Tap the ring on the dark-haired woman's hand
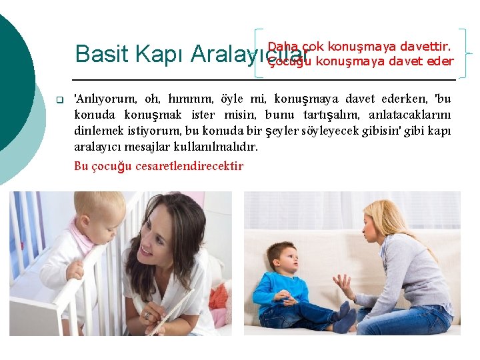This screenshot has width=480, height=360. click(x=147, y=315)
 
